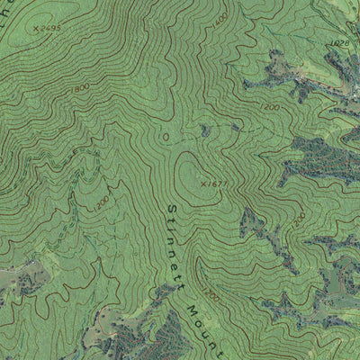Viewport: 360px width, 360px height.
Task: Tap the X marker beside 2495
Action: pos(35,30)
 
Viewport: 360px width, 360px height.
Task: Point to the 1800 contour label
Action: pos(83,87)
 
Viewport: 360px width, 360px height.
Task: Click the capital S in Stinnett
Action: pos(170,209)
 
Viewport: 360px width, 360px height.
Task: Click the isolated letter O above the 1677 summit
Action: pos(165,135)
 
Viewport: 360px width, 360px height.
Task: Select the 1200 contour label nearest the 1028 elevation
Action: pos(271,107)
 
